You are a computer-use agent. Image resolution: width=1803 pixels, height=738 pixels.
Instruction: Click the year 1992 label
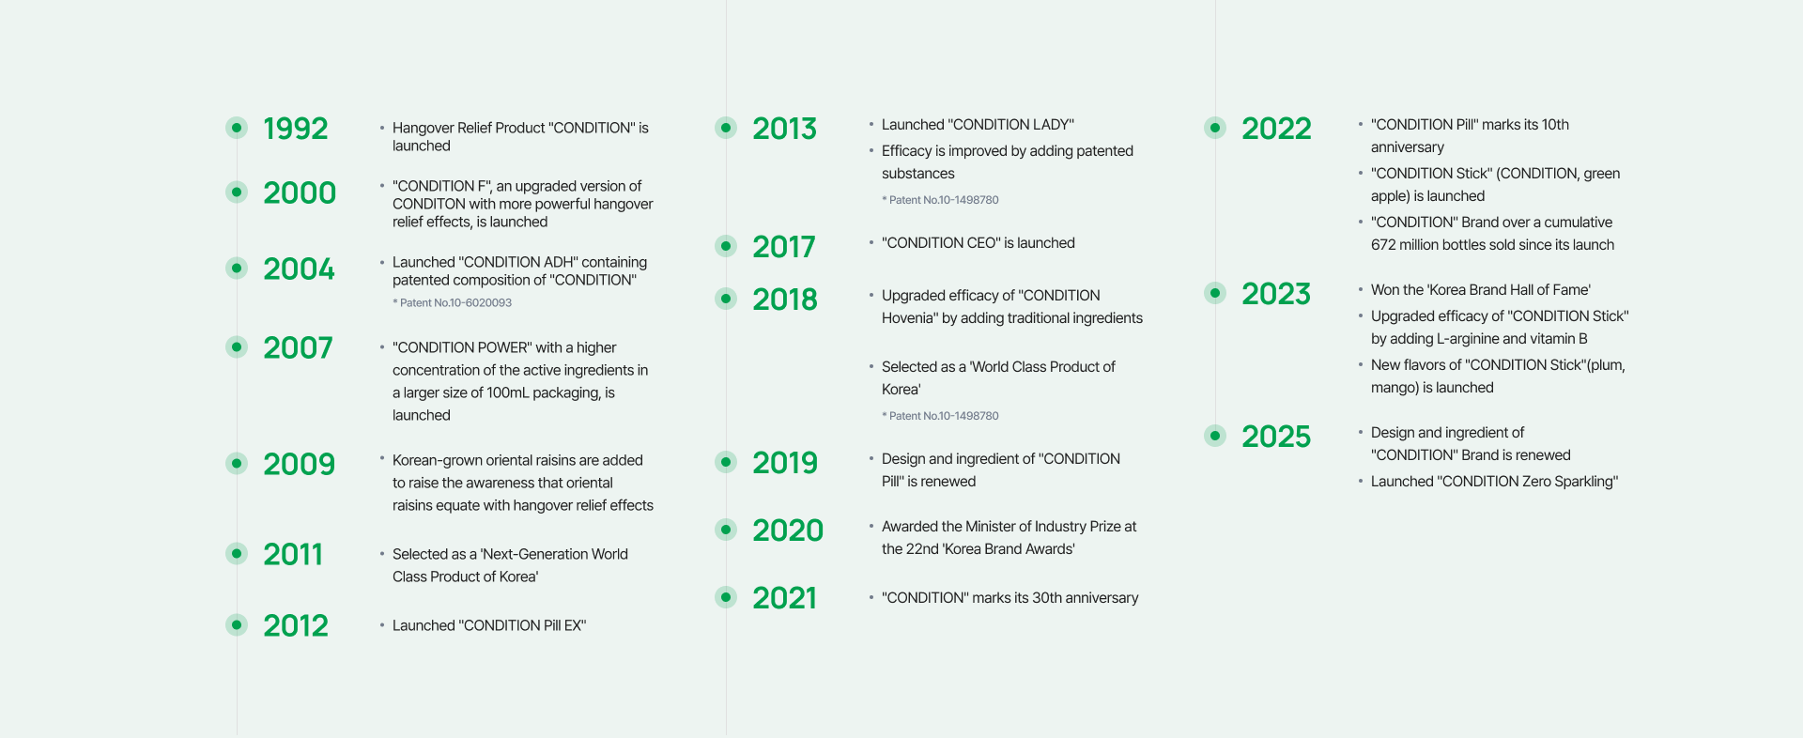(x=296, y=128)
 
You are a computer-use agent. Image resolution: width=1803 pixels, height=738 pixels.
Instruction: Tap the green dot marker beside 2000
(x=237, y=192)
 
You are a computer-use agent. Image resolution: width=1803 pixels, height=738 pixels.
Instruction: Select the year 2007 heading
(x=298, y=347)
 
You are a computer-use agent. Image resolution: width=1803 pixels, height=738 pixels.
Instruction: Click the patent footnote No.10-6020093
(x=452, y=302)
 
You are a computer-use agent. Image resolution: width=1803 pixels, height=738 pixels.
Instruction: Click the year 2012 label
(x=296, y=625)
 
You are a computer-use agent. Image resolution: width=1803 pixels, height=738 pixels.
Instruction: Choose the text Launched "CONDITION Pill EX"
(x=489, y=625)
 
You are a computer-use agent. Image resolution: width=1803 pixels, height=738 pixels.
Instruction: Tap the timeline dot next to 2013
(x=726, y=127)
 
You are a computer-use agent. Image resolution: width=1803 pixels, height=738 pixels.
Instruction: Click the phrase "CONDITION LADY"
(x=1011, y=124)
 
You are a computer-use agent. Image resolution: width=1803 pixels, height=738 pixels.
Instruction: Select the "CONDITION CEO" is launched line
(x=979, y=242)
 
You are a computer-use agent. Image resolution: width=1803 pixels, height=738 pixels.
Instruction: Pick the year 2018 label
(x=785, y=299)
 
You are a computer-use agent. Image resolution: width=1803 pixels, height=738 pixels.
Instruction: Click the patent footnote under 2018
(x=940, y=415)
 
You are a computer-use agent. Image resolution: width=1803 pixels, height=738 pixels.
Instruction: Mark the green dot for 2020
(x=726, y=530)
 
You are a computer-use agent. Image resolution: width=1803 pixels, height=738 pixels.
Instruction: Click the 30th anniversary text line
(x=1009, y=597)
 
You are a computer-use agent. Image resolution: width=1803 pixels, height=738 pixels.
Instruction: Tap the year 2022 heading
(x=1276, y=128)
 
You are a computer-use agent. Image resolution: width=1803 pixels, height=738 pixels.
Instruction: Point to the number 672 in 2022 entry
(x=1383, y=244)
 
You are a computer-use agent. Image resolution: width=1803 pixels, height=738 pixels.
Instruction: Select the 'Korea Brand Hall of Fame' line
(x=1481, y=289)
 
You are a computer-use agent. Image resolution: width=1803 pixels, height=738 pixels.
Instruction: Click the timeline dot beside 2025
(x=1215, y=435)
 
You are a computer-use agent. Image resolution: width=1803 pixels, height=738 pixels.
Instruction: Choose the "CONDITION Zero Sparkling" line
(x=1494, y=481)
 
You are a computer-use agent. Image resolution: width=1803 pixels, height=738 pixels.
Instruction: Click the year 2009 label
(x=299, y=464)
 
